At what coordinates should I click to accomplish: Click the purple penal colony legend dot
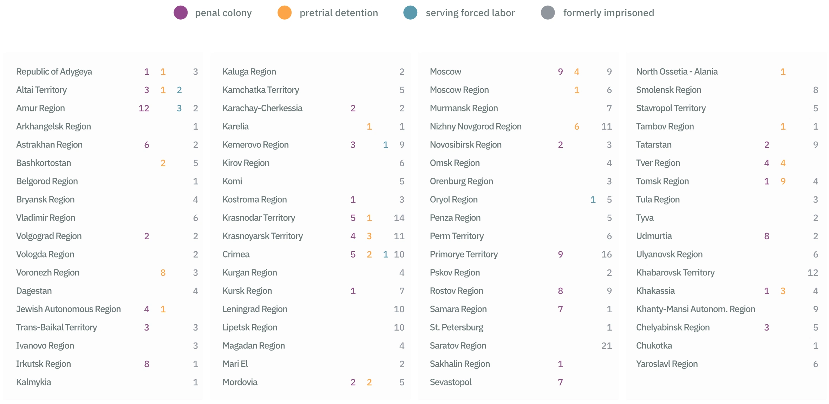[x=181, y=13]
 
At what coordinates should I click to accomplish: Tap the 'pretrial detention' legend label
[x=339, y=13]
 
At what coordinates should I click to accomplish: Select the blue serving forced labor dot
[x=410, y=13]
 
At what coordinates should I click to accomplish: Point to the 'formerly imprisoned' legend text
[x=608, y=13]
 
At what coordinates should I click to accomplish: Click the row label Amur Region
[x=40, y=108]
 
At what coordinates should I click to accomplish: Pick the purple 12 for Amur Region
[x=144, y=108]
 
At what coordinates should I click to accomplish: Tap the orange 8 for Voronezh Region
[x=163, y=273]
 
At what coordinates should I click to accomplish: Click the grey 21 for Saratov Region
[x=606, y=346]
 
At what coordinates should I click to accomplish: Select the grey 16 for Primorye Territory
[x=606, y=254]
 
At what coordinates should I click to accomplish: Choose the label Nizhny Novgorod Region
[x=476, y=126]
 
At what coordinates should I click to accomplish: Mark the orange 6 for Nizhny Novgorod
[x=576, y=126]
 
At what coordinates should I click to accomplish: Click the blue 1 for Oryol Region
[x=593, y=200]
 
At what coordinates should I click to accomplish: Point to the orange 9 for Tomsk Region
[x=783, y=181]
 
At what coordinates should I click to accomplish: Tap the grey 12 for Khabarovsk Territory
[x=813, y=273]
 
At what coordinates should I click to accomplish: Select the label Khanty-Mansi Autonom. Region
[x=696, y=309]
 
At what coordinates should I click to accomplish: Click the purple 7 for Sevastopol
[x=560, y=382]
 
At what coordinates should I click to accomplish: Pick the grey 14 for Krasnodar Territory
[x=399, y=218]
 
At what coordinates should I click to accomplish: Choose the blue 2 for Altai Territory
[x=179, y=90]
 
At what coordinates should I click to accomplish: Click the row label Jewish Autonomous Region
[x=68, y=309]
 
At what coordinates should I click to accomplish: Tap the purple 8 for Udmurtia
[x=767, y=236]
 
